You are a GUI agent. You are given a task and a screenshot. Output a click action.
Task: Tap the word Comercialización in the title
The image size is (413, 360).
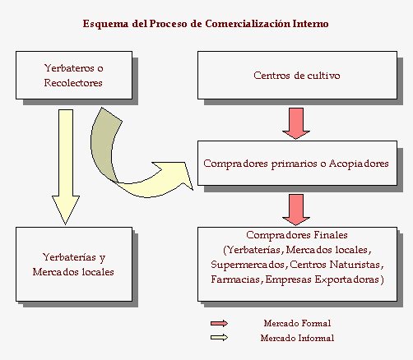click(248, 24)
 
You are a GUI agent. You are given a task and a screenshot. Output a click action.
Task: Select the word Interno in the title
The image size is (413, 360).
click(310, 24)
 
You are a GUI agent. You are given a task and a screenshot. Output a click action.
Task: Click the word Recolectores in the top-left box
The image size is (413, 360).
click(73, 83)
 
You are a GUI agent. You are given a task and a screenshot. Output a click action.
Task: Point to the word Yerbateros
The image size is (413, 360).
click(69, 68)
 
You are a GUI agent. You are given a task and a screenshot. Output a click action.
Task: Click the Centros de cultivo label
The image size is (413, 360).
click(297, 76)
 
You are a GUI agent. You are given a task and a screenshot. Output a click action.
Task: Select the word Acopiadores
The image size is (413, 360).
click(359, 164)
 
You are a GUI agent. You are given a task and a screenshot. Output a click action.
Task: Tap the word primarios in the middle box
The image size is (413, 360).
click(295, 164)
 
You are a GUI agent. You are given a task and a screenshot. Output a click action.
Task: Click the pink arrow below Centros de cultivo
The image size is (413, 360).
click(296, 123)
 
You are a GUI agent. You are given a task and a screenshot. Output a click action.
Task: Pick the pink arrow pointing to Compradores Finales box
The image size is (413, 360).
click(296, 210)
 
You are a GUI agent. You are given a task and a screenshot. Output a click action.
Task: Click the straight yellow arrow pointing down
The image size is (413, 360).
click(66, 167)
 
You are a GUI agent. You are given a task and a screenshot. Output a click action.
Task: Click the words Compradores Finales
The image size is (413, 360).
click(297, 235)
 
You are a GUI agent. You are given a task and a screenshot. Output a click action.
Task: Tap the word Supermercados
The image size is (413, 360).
click(248, 265)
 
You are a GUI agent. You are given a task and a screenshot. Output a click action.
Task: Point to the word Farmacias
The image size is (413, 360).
click(235, 279)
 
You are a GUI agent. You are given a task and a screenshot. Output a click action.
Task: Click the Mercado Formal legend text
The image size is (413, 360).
click(297, 323)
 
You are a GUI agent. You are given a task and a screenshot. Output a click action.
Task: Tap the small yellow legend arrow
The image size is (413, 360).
click(219, 338)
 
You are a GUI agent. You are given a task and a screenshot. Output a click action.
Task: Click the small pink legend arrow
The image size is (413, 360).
click(219, 324)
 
